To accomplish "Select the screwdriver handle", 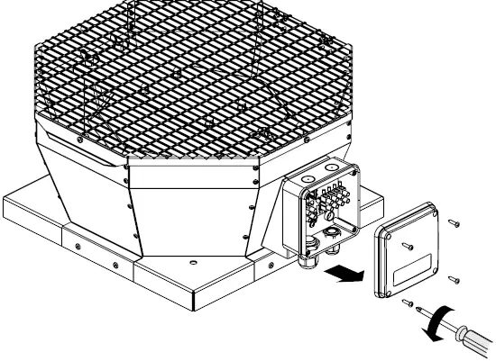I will coord(475,345).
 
